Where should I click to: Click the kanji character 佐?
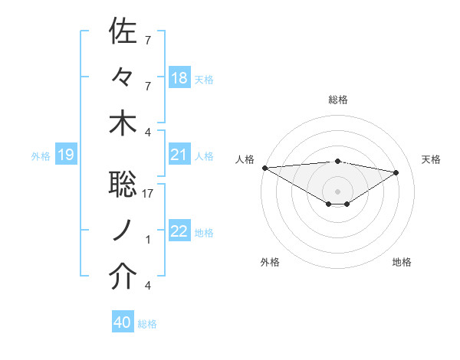click(123, 31)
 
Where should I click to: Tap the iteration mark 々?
click(123, 77)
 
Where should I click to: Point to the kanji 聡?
click(123, 185)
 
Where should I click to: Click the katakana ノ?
click(123, 231)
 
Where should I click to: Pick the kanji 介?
click(123, 277)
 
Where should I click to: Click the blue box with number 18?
click(179, 78)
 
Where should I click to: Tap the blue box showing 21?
click(179, 155)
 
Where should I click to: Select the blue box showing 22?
click(179, 232)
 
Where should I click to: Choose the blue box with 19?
click(65, 155)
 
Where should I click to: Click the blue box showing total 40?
click(123, 323)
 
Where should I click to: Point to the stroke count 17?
click(149, 194)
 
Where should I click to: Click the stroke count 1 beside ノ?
click(148, 240)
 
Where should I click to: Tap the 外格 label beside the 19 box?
click(41, 156)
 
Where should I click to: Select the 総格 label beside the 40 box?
click(147, 324)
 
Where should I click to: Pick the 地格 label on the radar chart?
click(402, 262)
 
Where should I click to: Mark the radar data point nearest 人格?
click(264, 168)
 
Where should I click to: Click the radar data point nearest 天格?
click(396, 172)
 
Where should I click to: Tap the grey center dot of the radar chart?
click(337, 191)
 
